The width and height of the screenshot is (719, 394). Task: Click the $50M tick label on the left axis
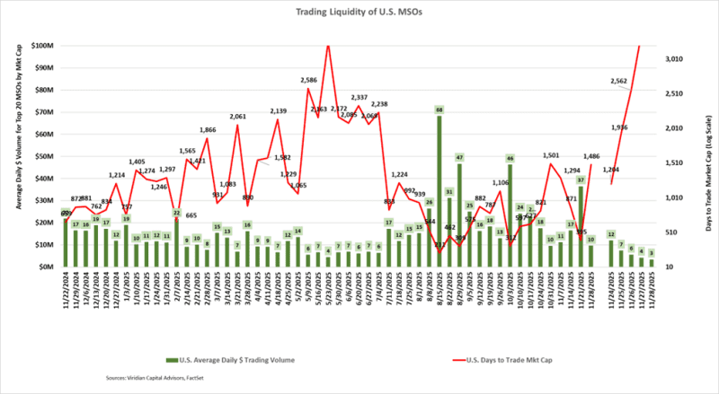click(43, 156)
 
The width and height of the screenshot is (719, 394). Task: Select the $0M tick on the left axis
click(46, 267)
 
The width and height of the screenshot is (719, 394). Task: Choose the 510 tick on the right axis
click(677, 232)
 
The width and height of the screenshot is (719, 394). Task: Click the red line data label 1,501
click(551, 155)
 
